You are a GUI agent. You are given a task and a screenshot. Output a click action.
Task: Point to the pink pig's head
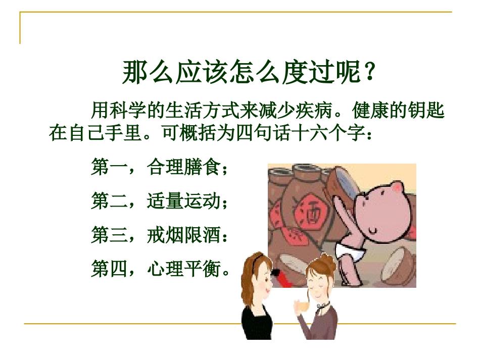point(383,207)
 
